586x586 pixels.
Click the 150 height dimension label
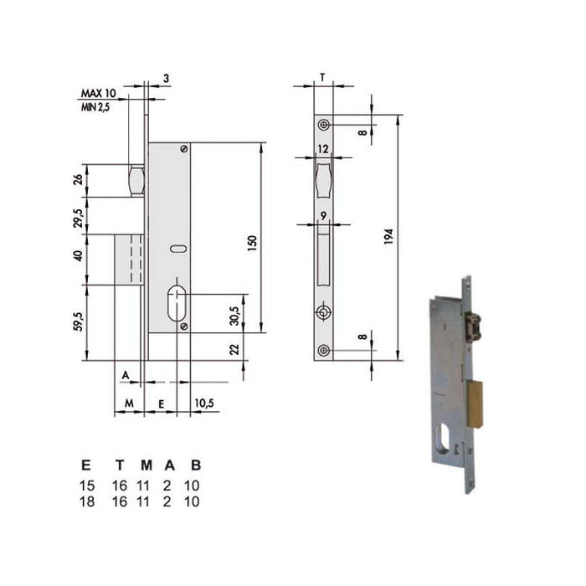[253, 243]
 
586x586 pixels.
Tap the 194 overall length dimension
[388, 237]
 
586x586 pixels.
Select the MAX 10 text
[99, 93]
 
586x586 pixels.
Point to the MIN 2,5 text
[95, 107]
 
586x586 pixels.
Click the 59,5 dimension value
[79, 321]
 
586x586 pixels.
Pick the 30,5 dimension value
[234, 316]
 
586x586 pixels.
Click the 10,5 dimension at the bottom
[204, 403]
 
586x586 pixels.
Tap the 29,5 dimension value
[78, 218]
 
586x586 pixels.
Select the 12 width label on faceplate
[323, 149]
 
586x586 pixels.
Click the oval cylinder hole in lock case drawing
[177, 303]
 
